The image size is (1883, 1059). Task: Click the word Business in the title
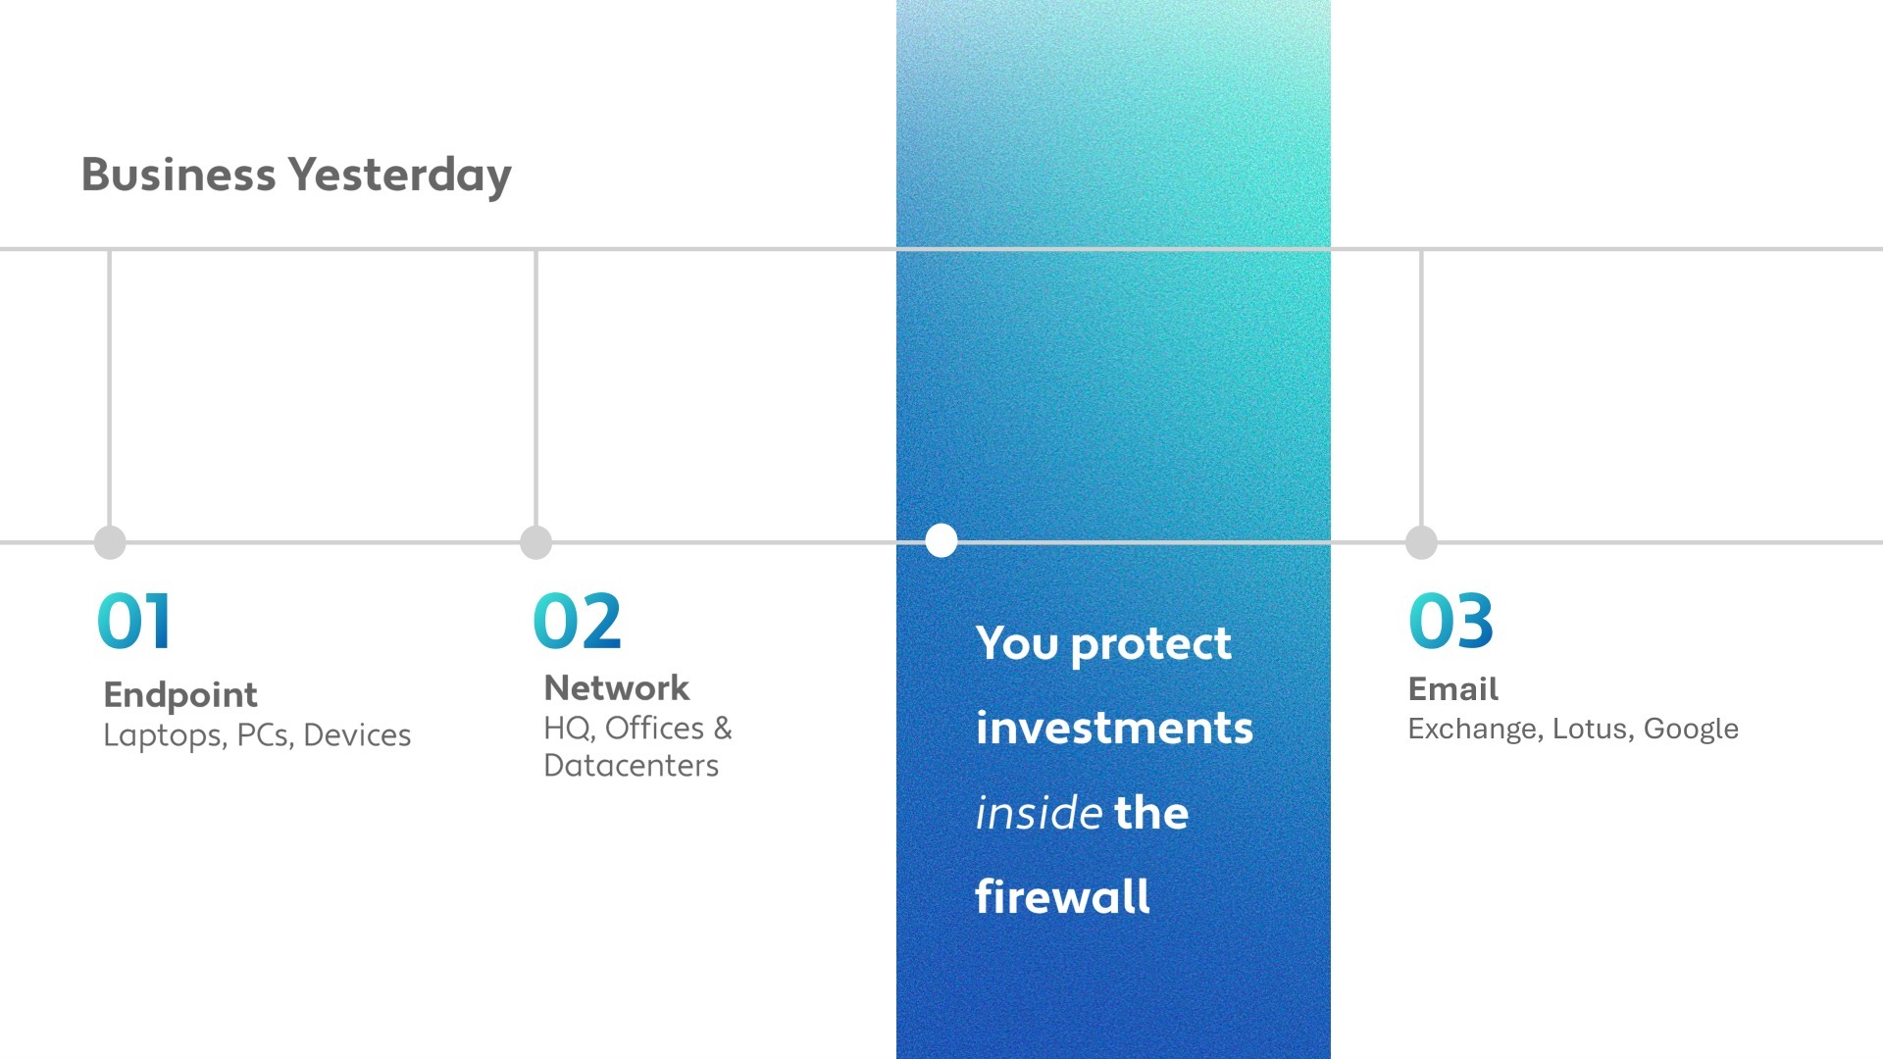click(x=178, y=175)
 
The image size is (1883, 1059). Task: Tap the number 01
click(x=134, y=622)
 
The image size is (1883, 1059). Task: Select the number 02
click(x=577, y=622)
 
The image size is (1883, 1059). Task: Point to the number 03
click(x=1450, y=622)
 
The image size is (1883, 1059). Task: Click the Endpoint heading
click(x=180, y=695)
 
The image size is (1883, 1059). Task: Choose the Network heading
click(x=617, y=688)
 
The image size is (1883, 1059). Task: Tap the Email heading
click(x=1452, y=689)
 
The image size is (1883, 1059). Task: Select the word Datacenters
click(x=631, y=766)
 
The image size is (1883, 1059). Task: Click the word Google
click(x=1691, y=730)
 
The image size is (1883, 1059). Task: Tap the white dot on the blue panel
click(x=941, y=540)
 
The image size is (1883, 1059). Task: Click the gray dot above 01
click(x=110, y=542)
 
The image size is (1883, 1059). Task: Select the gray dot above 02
click(x=535, y=542)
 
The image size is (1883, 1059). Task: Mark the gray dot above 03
click(x=1421, y=542)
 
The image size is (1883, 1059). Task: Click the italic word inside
click(x=1039, y=813)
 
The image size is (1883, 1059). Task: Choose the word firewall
click(x=1062, y=897)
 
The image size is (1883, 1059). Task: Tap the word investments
click(x=1114, y=729)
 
